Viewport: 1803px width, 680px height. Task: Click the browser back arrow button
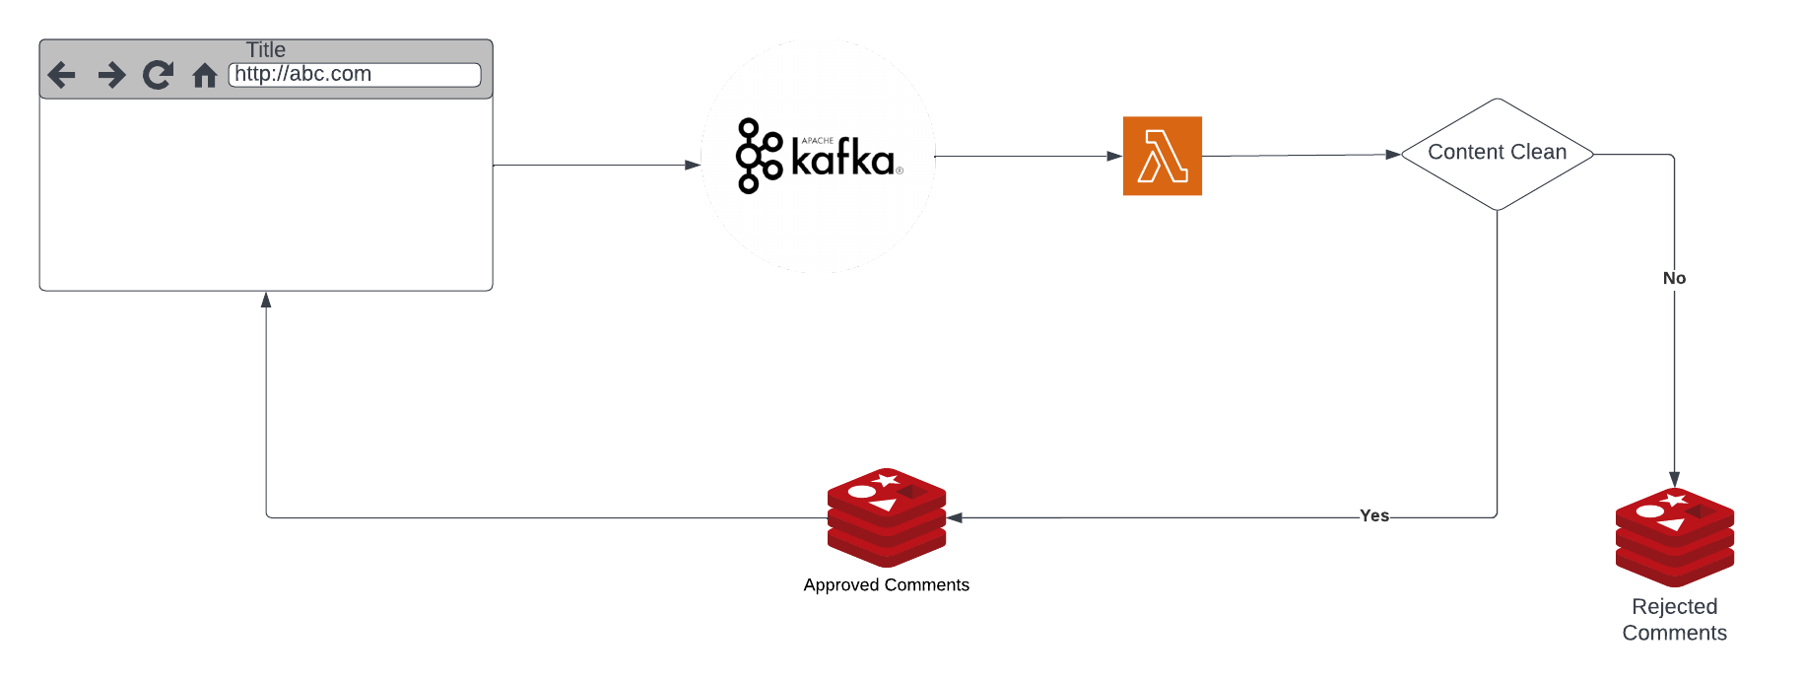pyautogui.click(x=61, y=75)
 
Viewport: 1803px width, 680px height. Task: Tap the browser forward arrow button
pyautogui.click(x=111, y=75)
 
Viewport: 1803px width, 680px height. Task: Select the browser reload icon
pyautogui.click(x=158, y=75)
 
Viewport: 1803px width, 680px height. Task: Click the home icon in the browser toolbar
pyautogui.click(x=205, y=76)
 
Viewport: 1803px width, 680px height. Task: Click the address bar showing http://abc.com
pyautogui.click(x=355, y=75)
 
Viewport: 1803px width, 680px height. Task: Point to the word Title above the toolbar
pyautogui.click(x=266, y=49)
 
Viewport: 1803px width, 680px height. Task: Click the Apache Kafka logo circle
pyautogui.click(x=818, y=156)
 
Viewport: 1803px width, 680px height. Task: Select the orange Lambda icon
pyautogui.click(x=1163, y=156)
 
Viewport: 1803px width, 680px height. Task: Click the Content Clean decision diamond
pyautogui.click(x=1497, y=153)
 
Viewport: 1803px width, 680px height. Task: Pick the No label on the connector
pyautogui.click(x=1674, y=278)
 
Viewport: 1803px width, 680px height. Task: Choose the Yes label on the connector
pyautogui.click(x=1373, y=515)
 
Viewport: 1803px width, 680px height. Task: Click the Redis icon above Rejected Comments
pyautogui.click(x=1675, y=536)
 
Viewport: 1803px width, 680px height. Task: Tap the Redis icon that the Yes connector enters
pyautogui.click(x=887, y=516)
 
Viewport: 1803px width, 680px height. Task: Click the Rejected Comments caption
pyautogui.click(x=1675, y=620)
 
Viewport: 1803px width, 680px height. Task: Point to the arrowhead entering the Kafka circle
pyautogui.click(x=693, y=166)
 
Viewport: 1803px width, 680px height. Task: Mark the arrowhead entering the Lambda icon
pyautogui.click(x=1114, y=156)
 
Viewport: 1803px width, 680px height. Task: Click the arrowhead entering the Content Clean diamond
pyautogui.click(x=1392, y=155)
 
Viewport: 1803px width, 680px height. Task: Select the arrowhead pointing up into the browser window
pyautogui.click(x=266, y=300)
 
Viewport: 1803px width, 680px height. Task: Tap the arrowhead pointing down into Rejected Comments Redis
pyautogui.click(x=1674, y=479)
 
